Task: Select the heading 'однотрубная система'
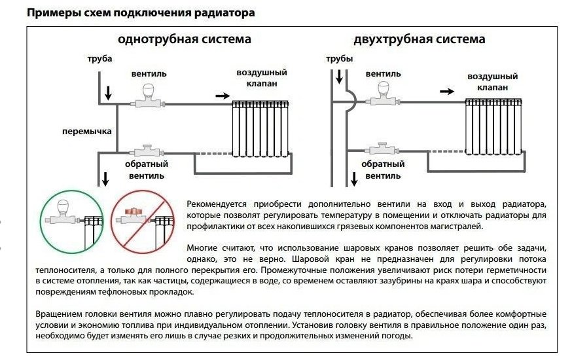[x=184, y=39]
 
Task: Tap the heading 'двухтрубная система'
[x=420, y=39]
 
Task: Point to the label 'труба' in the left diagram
[x=99, y=60]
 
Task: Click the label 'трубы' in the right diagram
[x=339, y=60]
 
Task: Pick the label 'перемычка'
[x=86, y=131]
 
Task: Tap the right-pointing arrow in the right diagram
[x=447, y=92]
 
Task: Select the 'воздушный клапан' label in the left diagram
[x=262, y=78]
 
